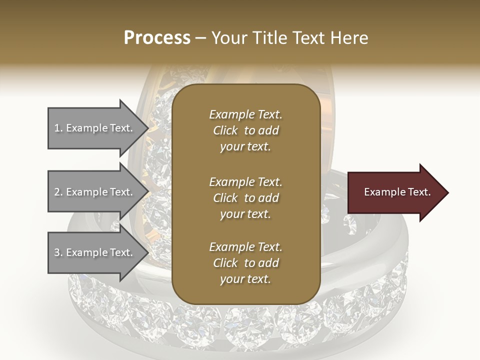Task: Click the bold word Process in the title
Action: click(157, 38)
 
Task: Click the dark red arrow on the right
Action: click(395, 192)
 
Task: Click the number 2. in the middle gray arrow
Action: click(58, 192)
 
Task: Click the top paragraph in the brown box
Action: click(245, 130)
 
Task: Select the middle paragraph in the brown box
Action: click(245, 198)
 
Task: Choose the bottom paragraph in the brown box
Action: click(245, 263)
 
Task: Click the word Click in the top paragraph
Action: click(225, 130)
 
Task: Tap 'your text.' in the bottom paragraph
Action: click(245, 279)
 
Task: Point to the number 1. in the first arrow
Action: click(58, 128)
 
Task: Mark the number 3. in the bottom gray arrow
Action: click(58, 252)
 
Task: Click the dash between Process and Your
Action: click(201, 38)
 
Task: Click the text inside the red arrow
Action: click(397, 192)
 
